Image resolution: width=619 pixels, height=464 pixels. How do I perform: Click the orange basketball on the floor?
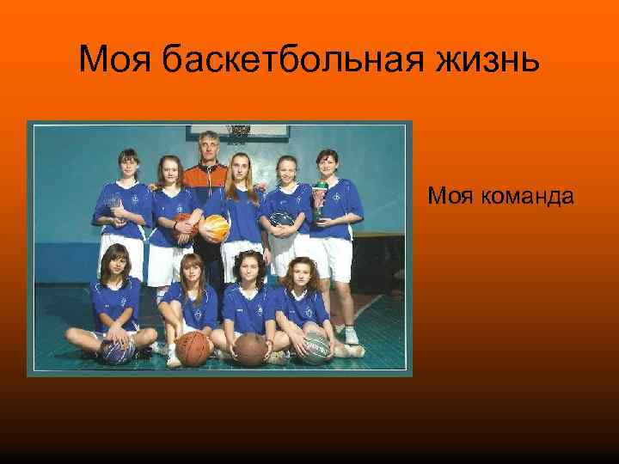(194, 347)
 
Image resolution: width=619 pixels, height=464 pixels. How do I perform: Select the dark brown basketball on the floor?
(251, 348)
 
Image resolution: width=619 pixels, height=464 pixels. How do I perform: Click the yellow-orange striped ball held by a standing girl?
(215, 228)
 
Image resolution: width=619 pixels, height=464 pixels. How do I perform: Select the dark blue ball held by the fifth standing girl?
(283, 221)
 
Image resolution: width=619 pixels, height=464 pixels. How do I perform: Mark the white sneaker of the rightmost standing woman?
(350, 335)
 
